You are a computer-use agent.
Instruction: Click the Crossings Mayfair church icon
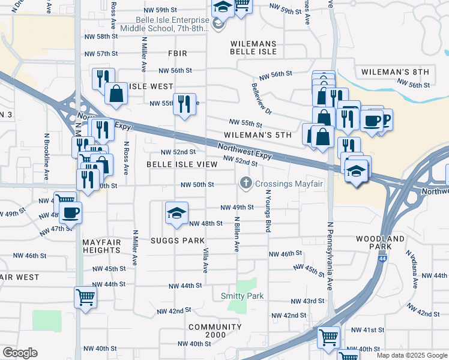(x=246, y=183)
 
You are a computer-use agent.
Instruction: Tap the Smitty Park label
(x=243, y=296)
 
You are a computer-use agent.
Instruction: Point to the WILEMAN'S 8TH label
(x=395, y=72)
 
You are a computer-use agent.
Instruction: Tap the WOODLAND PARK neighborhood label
(x=380, y=242)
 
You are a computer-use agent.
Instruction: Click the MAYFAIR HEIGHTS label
(x=101, y=245)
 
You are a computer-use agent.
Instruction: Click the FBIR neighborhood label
(x=178, y=53)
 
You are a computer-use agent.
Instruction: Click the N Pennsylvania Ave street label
(x=330, y=256)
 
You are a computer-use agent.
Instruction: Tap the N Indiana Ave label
(x=414, y=268)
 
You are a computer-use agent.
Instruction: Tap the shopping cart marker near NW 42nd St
(x=85, y=296)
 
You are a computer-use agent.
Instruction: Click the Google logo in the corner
(x=20, y=353)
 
